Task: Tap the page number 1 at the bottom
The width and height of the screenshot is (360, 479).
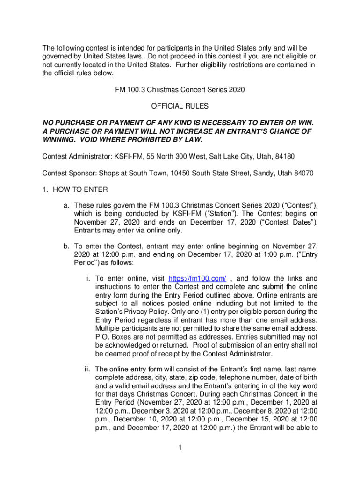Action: tap(180, 448)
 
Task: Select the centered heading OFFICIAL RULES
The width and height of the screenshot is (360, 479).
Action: tap(180, 106)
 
